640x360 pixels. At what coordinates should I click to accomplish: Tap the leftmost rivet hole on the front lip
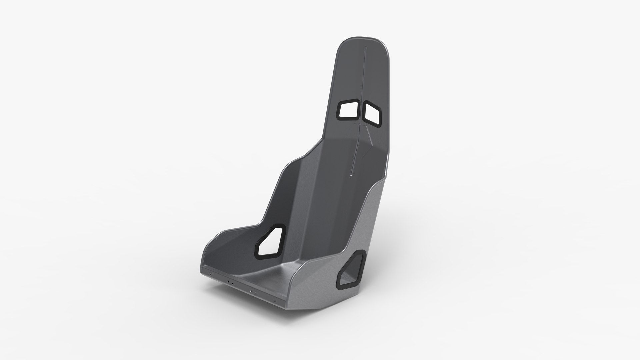[211, 274]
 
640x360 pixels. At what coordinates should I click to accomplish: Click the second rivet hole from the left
[228, 282]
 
